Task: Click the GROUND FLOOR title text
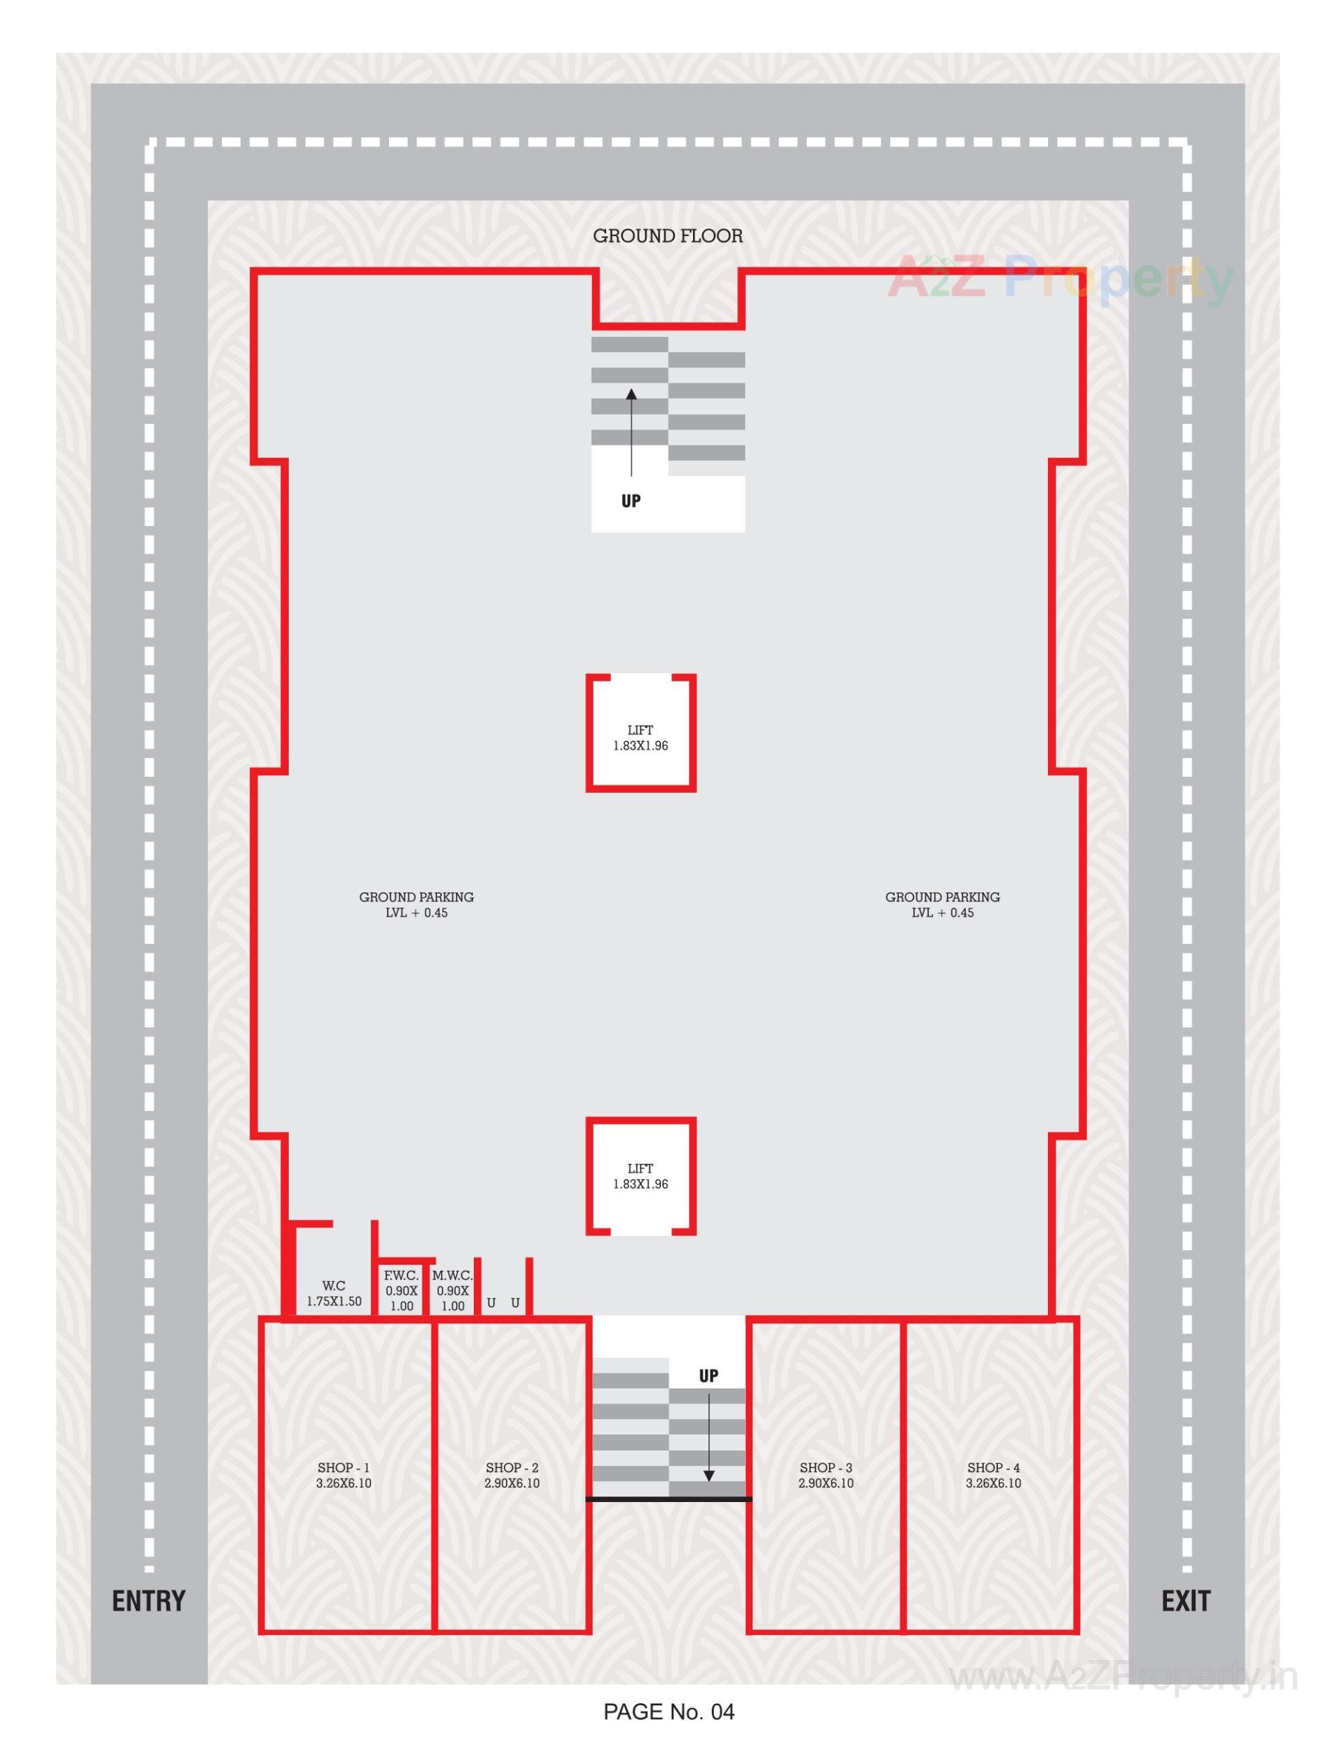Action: coord(667,236)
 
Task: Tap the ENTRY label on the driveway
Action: coord(148,1600)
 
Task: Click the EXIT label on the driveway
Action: coord(1185,1600)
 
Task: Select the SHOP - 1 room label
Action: coord(344,1475)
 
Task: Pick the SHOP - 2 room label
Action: coord(511,1475)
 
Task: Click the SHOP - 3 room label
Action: coord(825,1475)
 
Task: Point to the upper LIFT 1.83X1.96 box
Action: coord(640,737)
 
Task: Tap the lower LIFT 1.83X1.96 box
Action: coord(640,1176)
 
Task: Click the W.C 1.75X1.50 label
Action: coord(334,1293)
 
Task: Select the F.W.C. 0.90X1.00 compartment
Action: coord(401,1290)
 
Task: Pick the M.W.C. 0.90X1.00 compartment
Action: coord(452,1290)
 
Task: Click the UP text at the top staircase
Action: coord(630,501)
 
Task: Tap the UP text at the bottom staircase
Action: coord(708,1375)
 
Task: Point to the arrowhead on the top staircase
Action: coord(630,394)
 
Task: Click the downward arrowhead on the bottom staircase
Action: coord(708,1476)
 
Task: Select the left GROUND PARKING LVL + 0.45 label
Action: coord(416,904)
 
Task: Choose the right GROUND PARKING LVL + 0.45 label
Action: coord(942,904)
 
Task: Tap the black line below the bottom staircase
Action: coord(668,1499)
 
